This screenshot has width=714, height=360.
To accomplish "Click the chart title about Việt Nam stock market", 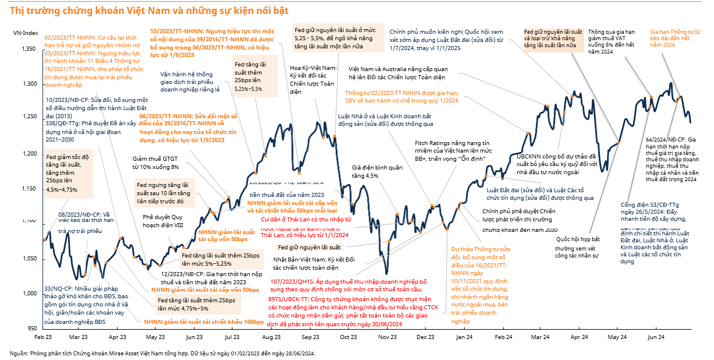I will click(x=149, y=11).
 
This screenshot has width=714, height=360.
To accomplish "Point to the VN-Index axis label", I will click(x=26, y=33).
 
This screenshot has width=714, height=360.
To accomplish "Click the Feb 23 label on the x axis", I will click(x=44, y=337).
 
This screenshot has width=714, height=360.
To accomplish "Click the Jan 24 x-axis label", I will click(x=464, y=337).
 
